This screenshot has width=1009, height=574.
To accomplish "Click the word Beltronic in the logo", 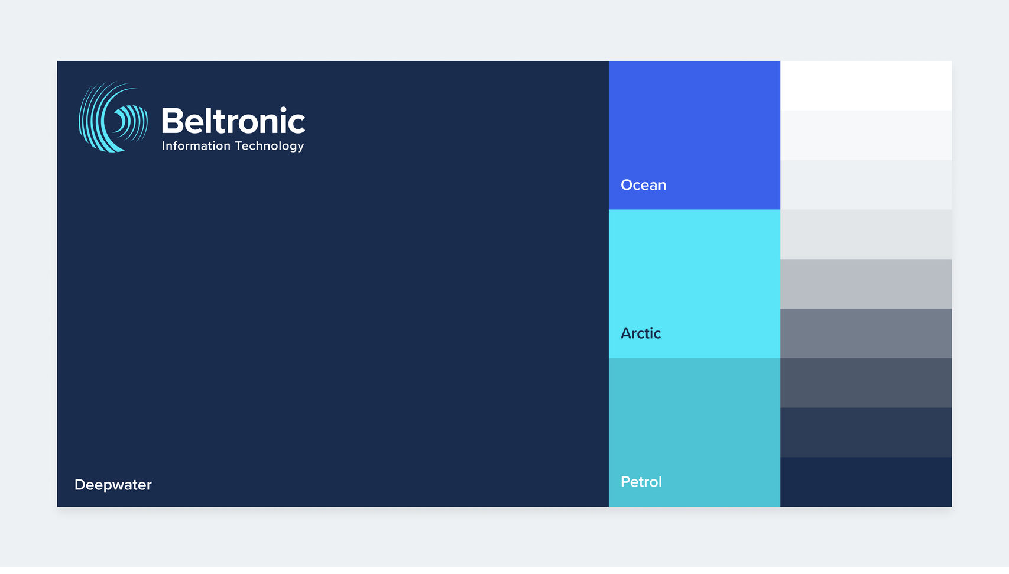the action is point(233,120).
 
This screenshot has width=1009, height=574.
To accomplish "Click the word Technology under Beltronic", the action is point(270,146).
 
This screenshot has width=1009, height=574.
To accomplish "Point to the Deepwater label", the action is point(113,485).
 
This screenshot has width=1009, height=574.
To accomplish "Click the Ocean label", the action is point(643,185).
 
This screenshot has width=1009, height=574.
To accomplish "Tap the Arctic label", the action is point(641,333).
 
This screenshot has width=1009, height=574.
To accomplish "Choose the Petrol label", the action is point(641,482).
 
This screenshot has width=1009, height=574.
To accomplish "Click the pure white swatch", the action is point(866,86).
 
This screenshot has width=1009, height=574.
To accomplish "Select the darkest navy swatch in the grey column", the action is point(866,482).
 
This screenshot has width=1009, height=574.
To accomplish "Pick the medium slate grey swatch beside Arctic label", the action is point(866,333).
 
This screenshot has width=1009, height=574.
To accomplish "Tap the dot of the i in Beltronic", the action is point(283,109).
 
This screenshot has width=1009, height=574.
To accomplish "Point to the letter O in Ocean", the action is point(628,185).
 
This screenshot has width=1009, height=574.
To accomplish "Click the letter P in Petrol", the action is point(625,482).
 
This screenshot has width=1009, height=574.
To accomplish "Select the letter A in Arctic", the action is point(627,333).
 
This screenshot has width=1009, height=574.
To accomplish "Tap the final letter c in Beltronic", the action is point(297,124).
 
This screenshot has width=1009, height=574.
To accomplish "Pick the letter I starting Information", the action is point(163,145).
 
